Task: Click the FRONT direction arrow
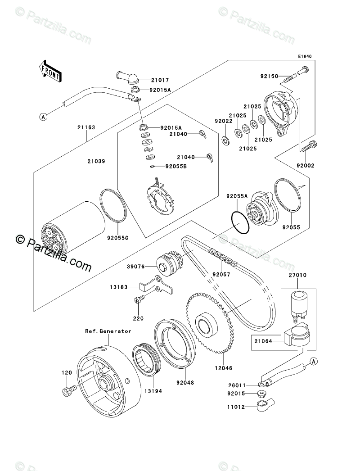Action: pos(49,71)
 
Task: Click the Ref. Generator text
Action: pos(108,331)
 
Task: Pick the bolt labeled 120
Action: pos(67,392)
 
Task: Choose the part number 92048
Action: pos(185,383)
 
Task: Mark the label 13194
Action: pos(153,391)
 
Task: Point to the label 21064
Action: pos(263,342)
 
